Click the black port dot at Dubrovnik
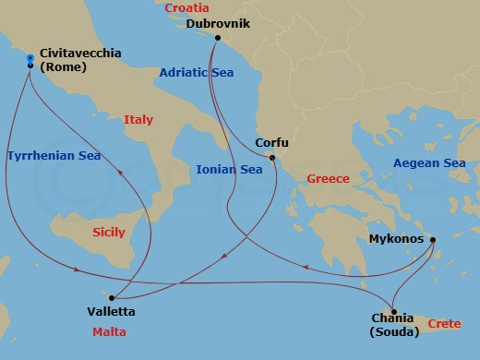coord(217,38)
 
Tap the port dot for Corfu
coord(272,158)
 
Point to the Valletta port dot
coord(111,297)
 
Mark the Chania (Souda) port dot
coord(393,311)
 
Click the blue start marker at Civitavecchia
coord(30,56)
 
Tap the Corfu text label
coord(271,143)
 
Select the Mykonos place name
coord(393,238)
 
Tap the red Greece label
coord(328,178)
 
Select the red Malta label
coord(109,331)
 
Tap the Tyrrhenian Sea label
coord(53,155)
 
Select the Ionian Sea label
coord(230,169)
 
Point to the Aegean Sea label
coord(429,163)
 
